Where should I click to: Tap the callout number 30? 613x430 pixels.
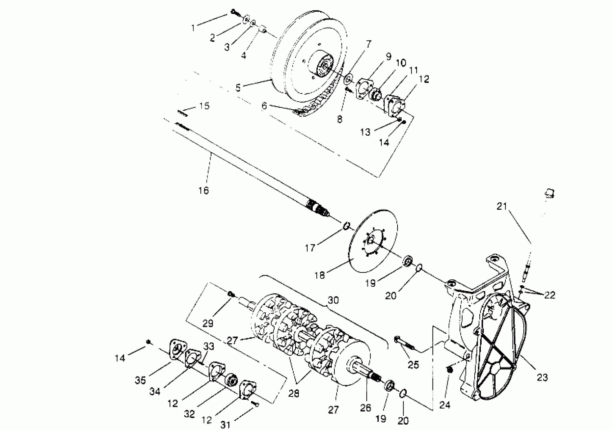pyautogui.click(x=333, y=300)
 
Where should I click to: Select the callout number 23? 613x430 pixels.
pyautogui.click(x=542, y=377)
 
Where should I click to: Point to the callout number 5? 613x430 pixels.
pyautogui.click(x=238, y=88)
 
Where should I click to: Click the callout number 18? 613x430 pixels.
pyautogui.click(x=320, y=275)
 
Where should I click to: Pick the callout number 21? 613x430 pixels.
pyautogui.click(x=502, y=206)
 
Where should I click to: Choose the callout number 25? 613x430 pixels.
pyautogui.click(x=413, y=365)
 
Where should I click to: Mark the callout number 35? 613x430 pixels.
pyautogui.click(x=140, y=380)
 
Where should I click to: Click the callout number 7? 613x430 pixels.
pyautogui.click(x=369, y=44)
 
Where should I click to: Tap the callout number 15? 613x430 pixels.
pyautogui.click(x=204, y=106)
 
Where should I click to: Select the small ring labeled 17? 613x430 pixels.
pyautogui.click(x=346, y=226)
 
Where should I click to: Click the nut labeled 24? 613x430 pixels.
pyautogui.click(x=449, y=370)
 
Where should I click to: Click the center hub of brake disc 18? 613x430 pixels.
pyautogui.click(x=371, y=241)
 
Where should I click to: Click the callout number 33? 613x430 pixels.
pyautogui.click(x=209, y=347)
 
